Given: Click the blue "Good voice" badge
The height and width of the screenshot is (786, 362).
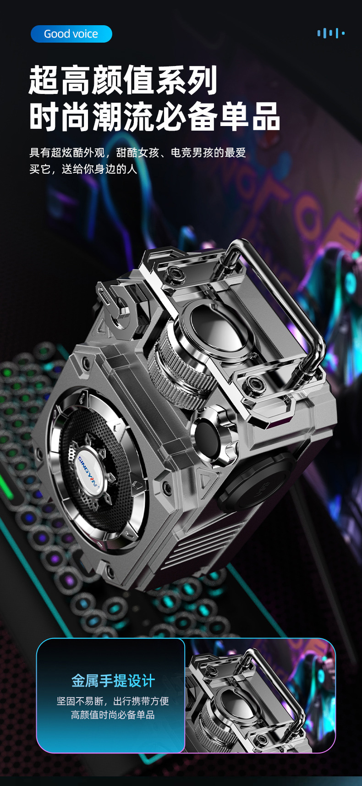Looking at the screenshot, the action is tap(71, 34).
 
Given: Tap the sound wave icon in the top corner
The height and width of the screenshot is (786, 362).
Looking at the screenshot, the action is tap(330, 33).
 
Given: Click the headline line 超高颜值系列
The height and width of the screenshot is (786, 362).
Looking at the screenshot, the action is tap(123, 81).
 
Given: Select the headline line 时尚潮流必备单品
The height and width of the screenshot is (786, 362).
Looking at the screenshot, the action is tap(154, 117).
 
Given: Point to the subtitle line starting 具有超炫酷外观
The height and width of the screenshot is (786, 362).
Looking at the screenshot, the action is tap(138, 153).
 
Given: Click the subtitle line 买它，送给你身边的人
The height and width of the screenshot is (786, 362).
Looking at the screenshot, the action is tap(83, 169).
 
